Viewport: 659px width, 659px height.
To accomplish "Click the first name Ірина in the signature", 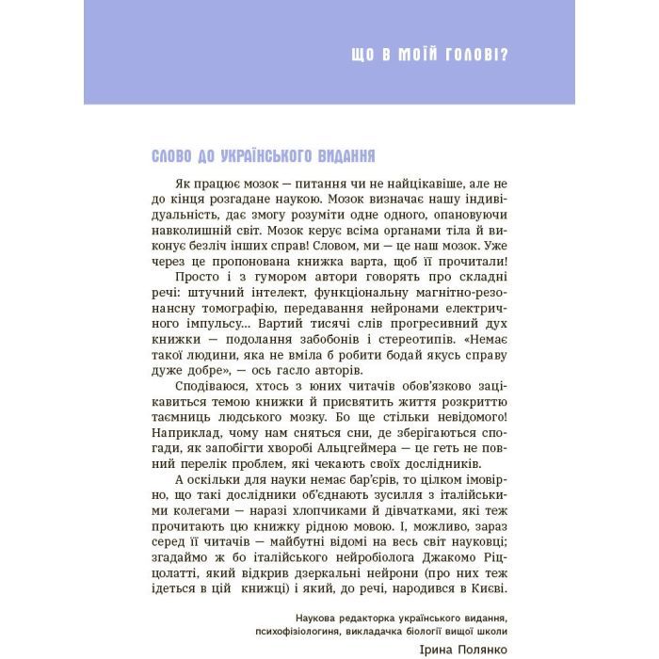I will [432, 649].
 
